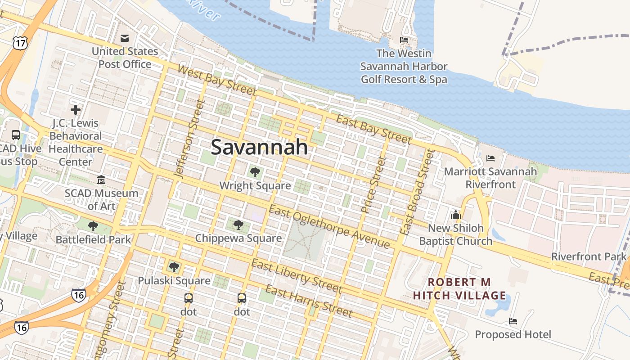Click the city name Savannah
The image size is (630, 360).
pyautogui.click(x=259, y=147)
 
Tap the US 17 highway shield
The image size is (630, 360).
pyautogui.click(x=20, y=43)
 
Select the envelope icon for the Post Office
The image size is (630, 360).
pyautogui.click(x=125, y=38)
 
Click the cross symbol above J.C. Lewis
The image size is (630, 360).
pyautogui.click(x=76, y=109)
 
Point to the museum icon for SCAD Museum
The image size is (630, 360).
pyautogui.click(x=101, y=180)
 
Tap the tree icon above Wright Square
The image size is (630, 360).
pyautogui.click(x=255, y=172)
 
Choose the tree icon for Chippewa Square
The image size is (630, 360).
pyautogui.click(x=238, y=225)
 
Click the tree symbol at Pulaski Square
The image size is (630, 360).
pyautogui.click(x=174, y=267)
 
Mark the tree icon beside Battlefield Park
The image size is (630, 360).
pyautogui.click(x=93, y=226)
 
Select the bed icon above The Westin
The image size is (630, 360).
pyautogui.click(x=404, y=40)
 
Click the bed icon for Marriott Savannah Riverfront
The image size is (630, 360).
pyautogui.click(x=490, y=158)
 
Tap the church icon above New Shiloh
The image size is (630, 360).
pyautogui.click(x=456, y=215)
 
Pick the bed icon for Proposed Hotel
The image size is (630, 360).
pyautogui.click(x=513, y=321)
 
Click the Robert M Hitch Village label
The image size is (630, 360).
pyautogui.click(x=459, y=289)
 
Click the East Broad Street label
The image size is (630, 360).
pyautogui.click(x=417, y=192)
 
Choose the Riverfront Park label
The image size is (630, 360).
pyautogui.click(x=589, y=256)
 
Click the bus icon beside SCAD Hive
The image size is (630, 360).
pyautogui.click(x=15, y=135)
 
